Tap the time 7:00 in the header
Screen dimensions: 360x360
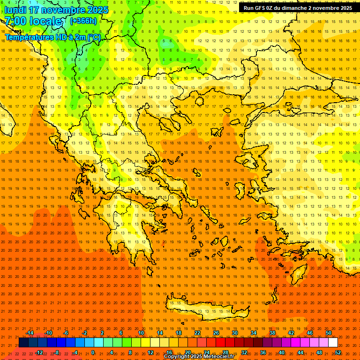[x=15, y=21]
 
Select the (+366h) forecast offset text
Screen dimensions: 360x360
[x=83, y=21]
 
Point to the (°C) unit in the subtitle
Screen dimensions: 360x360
[x=93, y=37]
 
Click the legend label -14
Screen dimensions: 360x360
[x=30, y=333]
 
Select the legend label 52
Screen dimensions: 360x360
[x=337, y=352]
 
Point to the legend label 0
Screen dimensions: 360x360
[x=92, y=352]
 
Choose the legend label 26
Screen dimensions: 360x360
[x=216, y=333]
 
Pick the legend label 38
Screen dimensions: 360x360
[x=272, y=333]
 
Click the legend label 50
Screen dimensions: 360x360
[x=328, y=333]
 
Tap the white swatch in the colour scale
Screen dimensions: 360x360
[x=333, y=343]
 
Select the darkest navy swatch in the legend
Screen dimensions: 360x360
[x=23, y=343]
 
